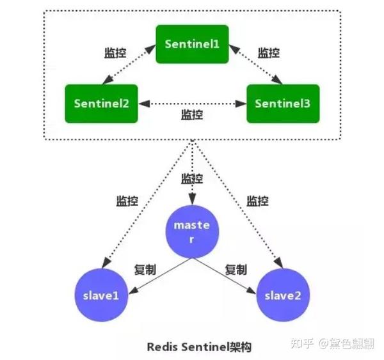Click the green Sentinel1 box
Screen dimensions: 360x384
pos(192,44)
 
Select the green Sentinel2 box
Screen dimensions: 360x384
pos(101,102)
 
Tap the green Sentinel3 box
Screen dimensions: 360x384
pos(283,102)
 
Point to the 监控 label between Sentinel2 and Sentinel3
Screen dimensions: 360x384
pos(192,114)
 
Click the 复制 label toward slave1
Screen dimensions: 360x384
pos(145,269)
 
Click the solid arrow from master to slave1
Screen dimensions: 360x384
pos(157,276)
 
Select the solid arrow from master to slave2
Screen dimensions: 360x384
pos(227,276)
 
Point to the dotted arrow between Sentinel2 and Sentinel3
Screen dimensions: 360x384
pos(192,102)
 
